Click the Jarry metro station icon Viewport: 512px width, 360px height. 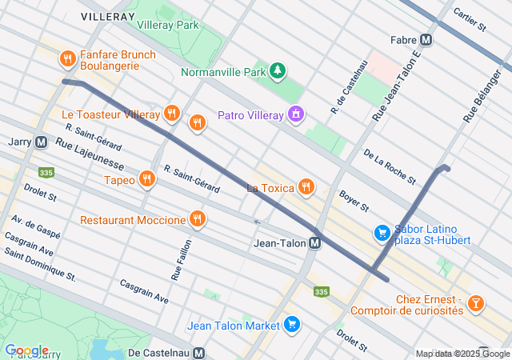click(x=41, y=142)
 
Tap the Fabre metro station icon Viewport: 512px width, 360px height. click(x=426, y=38)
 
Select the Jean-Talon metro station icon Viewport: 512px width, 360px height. click(x=315, y=243)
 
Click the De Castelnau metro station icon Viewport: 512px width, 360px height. click(x=198, y=352)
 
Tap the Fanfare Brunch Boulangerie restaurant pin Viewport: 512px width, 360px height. click(x=67, y=58)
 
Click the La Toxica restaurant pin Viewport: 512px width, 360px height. click(x=305, y=188)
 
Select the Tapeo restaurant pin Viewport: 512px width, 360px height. click(x=146, y=180)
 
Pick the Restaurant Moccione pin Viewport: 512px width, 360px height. click(x=197, y=219)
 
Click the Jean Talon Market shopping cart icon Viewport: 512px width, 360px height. click(x=291, y=325)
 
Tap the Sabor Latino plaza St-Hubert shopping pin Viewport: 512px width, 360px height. click(x=383, y=233)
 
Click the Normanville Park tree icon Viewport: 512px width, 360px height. click(x=278, y=72)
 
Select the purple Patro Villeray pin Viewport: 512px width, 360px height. click(x=297, y=115)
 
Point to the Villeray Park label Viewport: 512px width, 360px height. click(x=168, y=25)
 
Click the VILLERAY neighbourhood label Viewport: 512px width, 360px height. click(x=107, y=15)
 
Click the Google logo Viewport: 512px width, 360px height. click(x=26, y=350)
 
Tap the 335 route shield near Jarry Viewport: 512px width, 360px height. click(x=46, y=172)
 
